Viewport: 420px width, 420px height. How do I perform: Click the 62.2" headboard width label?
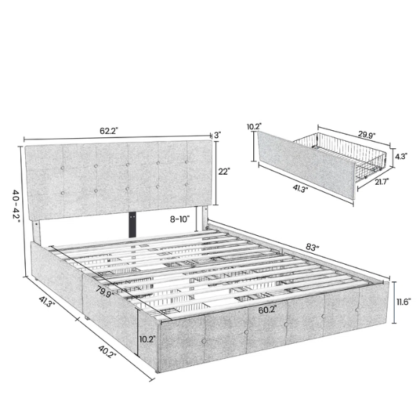pos(110,131)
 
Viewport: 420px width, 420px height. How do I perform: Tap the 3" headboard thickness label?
pos(216,134)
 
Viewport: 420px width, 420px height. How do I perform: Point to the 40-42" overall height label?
pos(14,206)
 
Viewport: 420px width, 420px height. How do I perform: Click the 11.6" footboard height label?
pos(403,302)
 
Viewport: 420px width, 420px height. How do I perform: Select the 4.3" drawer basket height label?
pos(403,155)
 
